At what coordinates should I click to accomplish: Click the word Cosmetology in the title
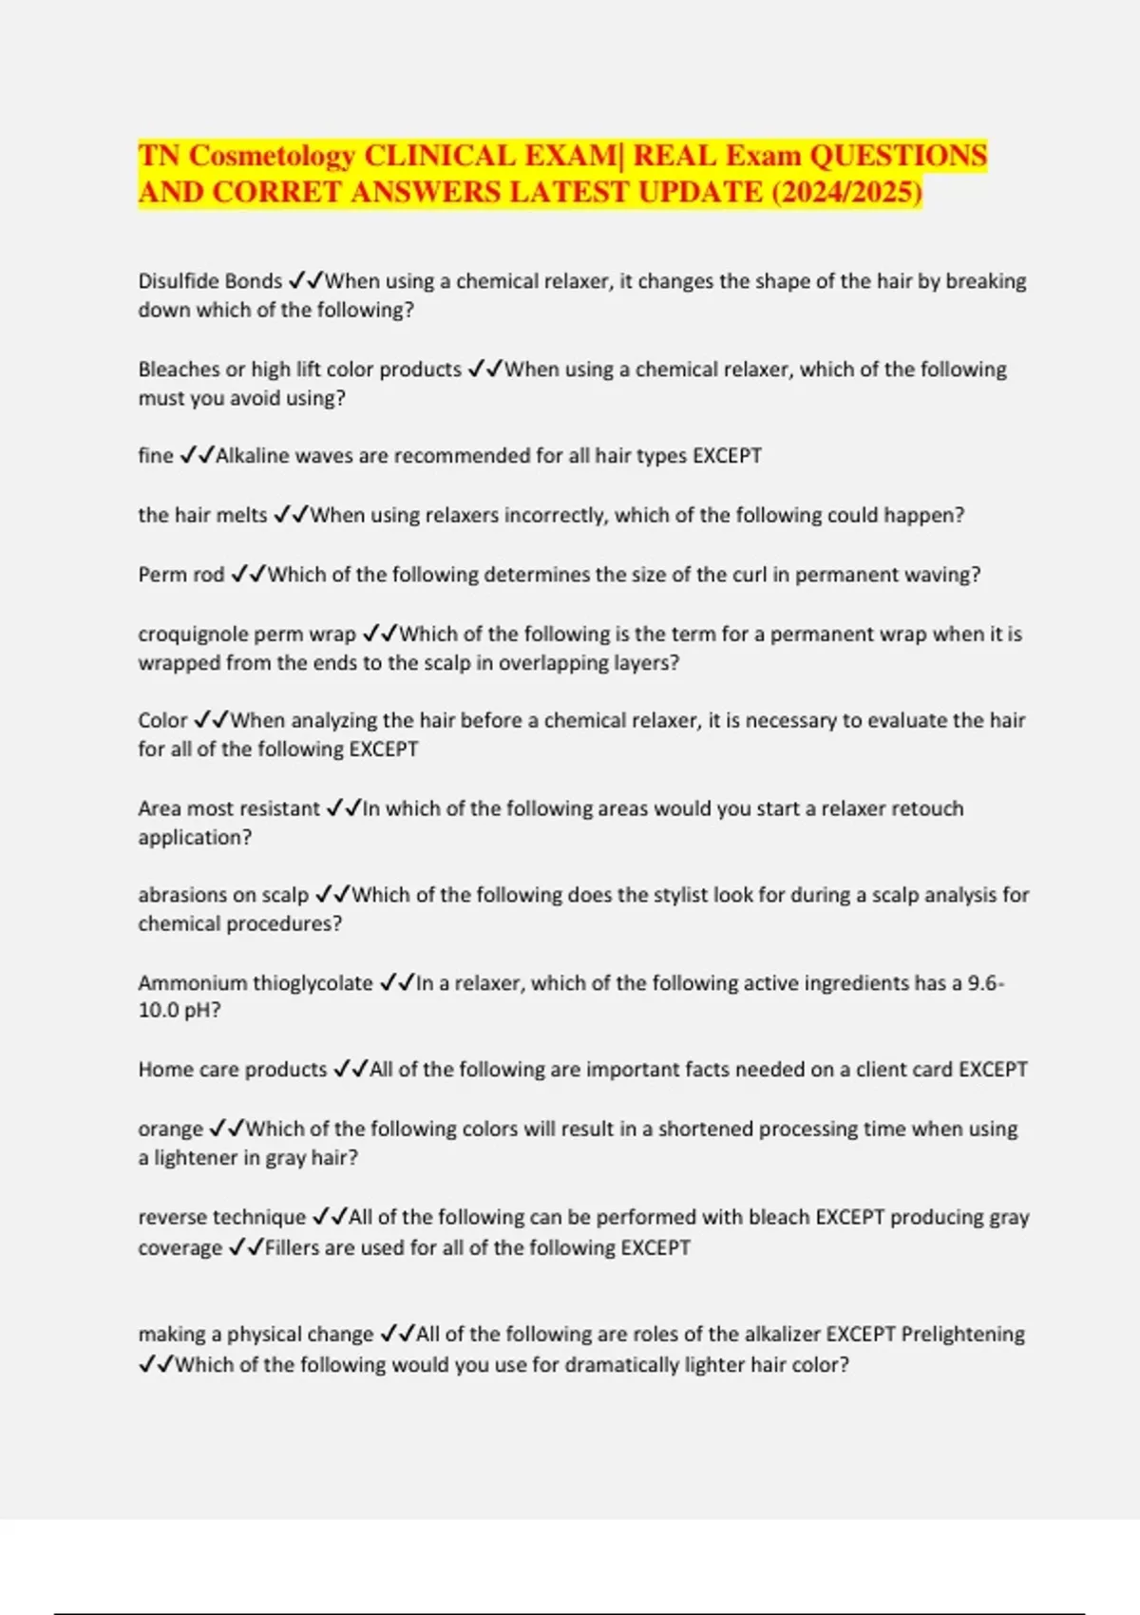click(272, 155)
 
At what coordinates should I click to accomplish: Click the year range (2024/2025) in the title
click(846, 192)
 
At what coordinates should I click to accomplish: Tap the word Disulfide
click(178, 281)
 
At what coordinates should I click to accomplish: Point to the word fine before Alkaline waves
click(156, 456)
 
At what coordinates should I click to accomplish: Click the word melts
click(243, 515)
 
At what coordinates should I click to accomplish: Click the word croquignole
click(194, 634)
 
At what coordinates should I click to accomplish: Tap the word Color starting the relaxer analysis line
click(162, 720)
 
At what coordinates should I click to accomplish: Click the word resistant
click(275, 808)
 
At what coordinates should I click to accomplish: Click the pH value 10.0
click(157, 1010)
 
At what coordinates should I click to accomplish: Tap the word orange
click(171, 1129)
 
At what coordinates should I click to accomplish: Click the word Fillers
click(292, 1247)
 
